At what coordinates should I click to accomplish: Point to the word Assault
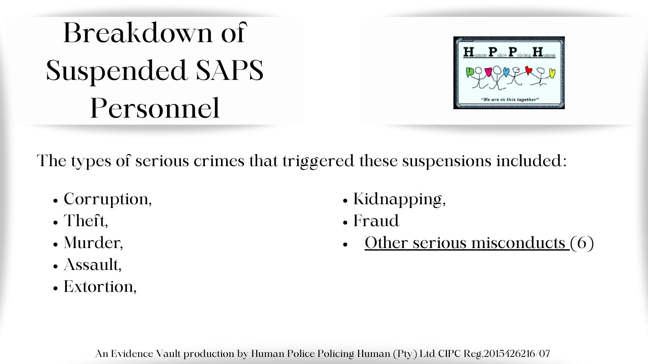coord(91,265)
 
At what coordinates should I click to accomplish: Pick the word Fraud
coord(376,221)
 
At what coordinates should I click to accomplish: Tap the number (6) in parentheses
coord(582,243)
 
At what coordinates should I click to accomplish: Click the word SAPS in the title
coord(230,70)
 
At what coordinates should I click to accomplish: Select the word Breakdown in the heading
coord(138,33)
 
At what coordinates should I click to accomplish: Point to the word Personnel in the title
coord(155,108)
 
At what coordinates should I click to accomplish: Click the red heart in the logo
coord(529,70)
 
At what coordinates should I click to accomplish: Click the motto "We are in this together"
coord(509,99)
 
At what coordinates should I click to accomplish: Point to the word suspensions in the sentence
coord(447,161)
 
